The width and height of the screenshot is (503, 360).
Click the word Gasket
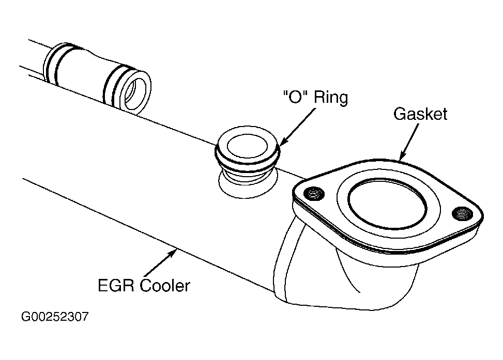(420, 114)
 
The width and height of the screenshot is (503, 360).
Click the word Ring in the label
(331, 97)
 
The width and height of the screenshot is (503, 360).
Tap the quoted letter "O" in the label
(296, 97)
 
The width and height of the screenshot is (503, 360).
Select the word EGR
(116, 285)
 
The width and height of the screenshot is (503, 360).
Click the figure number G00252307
(54, 317)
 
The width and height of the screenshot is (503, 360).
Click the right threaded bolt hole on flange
(462, 213)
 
